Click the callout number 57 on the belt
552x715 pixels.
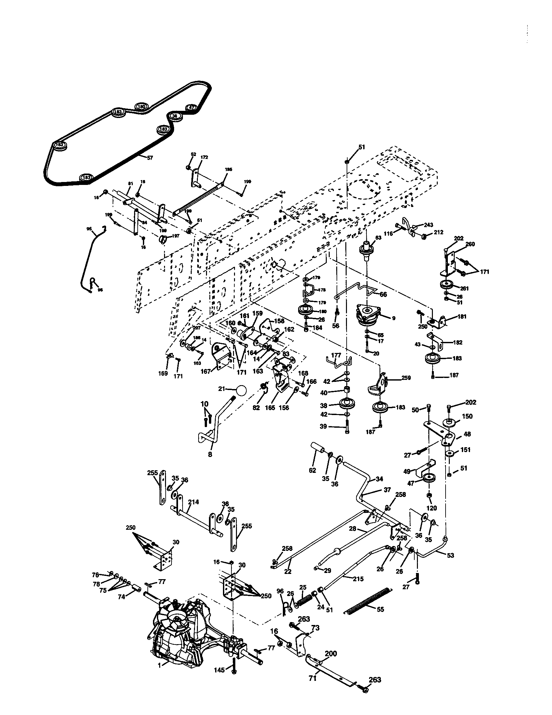(150, 158)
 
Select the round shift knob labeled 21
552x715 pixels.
(241, 391)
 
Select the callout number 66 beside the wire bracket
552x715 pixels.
(383, 294)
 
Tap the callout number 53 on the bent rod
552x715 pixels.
(450, 555)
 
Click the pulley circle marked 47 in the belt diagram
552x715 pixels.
(191, 107)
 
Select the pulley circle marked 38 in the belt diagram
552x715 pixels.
(175, 116)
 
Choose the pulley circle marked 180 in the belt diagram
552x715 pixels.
(141, 106)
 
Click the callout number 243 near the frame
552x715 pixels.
(428, 225)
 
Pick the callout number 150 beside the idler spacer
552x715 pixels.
(467, 416)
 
